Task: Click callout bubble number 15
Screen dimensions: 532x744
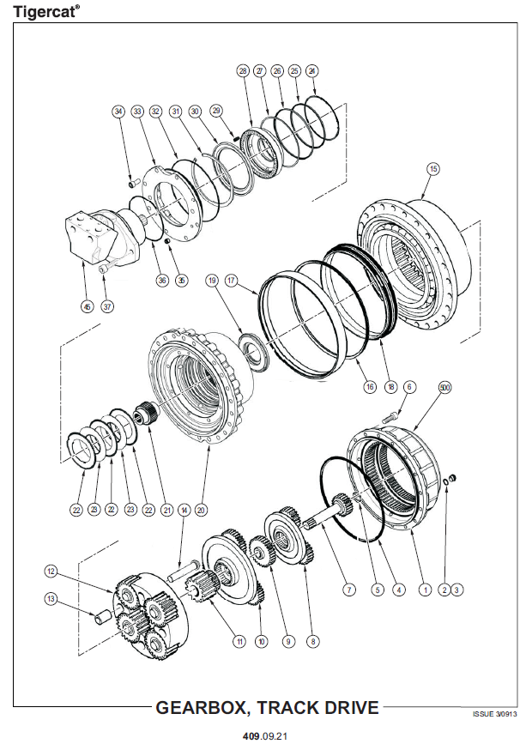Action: [x=432, y=169]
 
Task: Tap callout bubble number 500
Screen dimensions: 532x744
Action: [x=444, y=388]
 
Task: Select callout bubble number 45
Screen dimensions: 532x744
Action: [x=88, y=307]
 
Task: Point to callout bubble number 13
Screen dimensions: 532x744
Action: [x=51, y=599]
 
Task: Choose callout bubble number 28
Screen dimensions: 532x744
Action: [x=243, y=71]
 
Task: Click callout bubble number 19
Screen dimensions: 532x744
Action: [x=212, y=281]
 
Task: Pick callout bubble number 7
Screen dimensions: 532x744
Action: [x=349, y=590]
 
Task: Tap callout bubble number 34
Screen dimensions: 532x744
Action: [x=118, y=112]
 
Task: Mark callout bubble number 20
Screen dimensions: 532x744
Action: [x=201, y=510]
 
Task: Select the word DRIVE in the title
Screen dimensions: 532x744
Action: [x=352, y=707]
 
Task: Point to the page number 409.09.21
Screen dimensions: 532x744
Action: [x=265, y=736]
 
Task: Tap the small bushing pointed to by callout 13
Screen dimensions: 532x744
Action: [x=102, y=619]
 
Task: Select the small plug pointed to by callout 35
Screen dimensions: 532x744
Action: [x=167, y=242]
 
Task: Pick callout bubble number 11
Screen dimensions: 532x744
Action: [x=239, y=642]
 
